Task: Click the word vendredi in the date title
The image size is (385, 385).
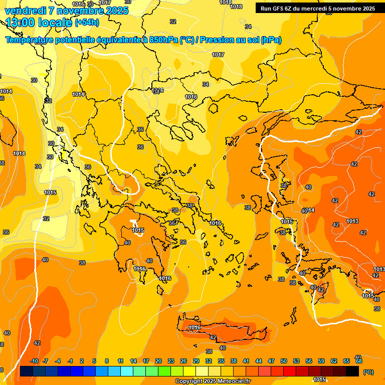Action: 26,11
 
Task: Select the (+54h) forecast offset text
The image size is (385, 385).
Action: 87,23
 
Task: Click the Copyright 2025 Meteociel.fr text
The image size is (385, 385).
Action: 213,381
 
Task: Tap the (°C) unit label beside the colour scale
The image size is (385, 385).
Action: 368,371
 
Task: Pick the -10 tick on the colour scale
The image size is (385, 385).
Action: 34,361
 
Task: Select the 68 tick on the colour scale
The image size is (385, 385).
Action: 358,361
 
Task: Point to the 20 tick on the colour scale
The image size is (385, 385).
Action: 158,361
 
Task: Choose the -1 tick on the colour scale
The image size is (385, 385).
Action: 70,361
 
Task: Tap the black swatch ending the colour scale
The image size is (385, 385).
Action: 352,371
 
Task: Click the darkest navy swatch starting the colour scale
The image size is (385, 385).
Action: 27,371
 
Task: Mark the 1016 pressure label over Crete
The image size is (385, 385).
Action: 195,327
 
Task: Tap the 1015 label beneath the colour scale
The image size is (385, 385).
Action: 319,379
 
